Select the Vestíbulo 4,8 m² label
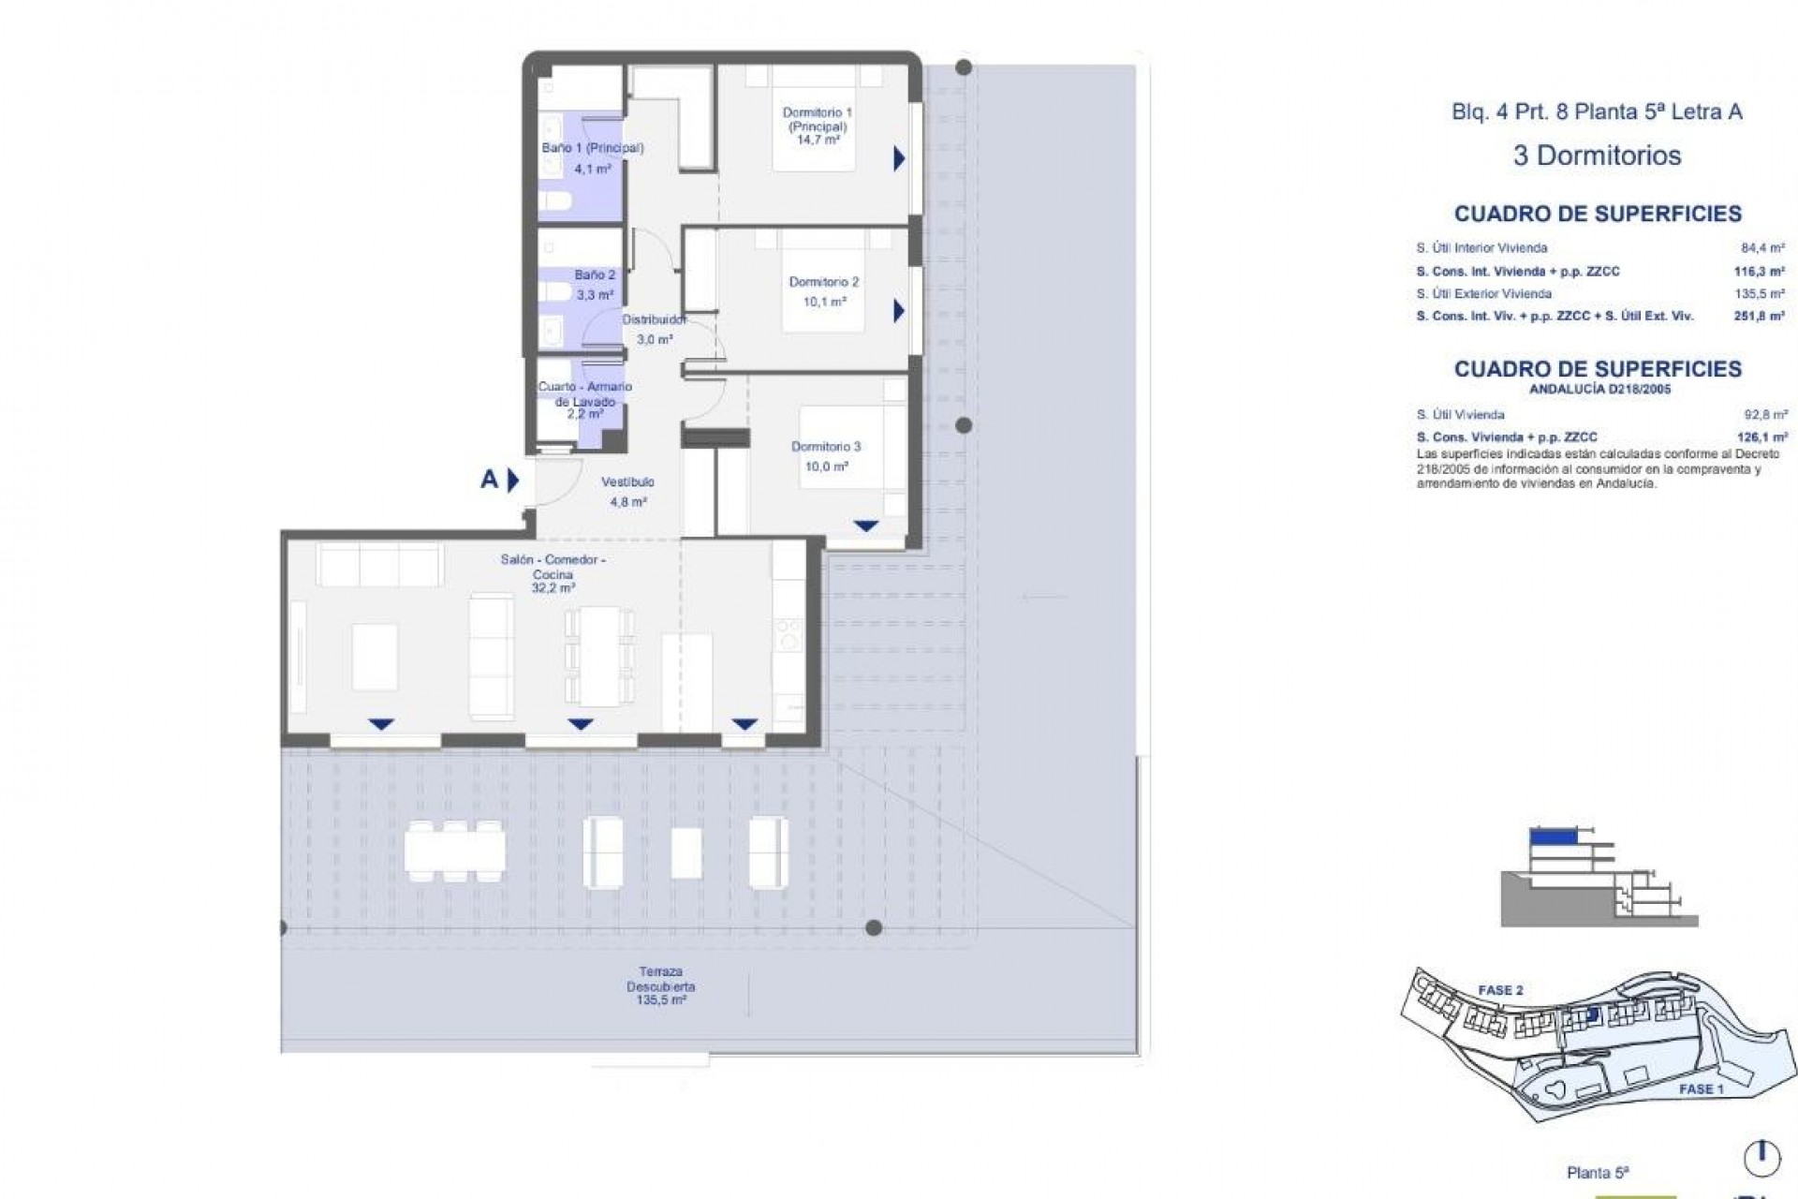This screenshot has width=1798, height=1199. (627, 491)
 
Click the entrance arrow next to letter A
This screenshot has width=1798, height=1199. (512, 481)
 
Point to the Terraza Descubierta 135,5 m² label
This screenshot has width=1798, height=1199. (660, 986)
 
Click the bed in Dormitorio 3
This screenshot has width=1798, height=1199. (851, 446)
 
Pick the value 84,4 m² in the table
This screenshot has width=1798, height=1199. (1764, 248)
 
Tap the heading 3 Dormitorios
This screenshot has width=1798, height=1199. (1597, 155)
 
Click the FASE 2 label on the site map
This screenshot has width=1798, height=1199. (1500, 990)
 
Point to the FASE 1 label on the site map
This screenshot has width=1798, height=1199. (1701, 1089)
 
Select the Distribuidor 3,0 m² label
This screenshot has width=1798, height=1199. (654, 329)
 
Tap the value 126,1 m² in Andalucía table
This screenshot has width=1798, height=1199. (1762, 437)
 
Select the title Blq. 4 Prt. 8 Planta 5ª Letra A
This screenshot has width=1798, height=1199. (1597, 111)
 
